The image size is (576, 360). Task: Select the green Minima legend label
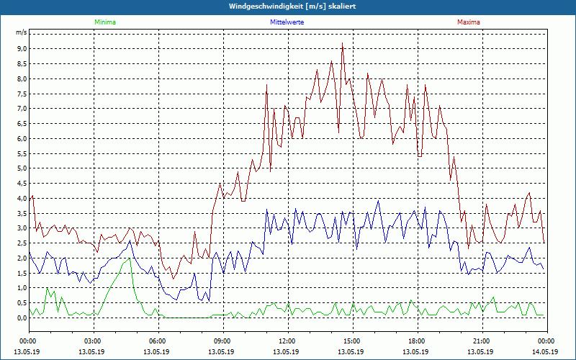point(104,22)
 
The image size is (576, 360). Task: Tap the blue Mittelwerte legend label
point(288,22)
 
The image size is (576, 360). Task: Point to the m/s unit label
point(21,33)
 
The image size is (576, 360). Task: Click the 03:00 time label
point(93,341)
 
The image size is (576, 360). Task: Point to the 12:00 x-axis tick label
point(287,341)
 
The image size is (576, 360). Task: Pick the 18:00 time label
point(417,341)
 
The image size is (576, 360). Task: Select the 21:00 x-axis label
point(482,341)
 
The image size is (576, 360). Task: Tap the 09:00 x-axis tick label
point(222,341)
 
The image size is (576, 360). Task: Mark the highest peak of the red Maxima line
point(343,44)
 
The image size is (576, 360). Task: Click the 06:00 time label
point(158,341)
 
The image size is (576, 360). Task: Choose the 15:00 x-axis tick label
point(352,341)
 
